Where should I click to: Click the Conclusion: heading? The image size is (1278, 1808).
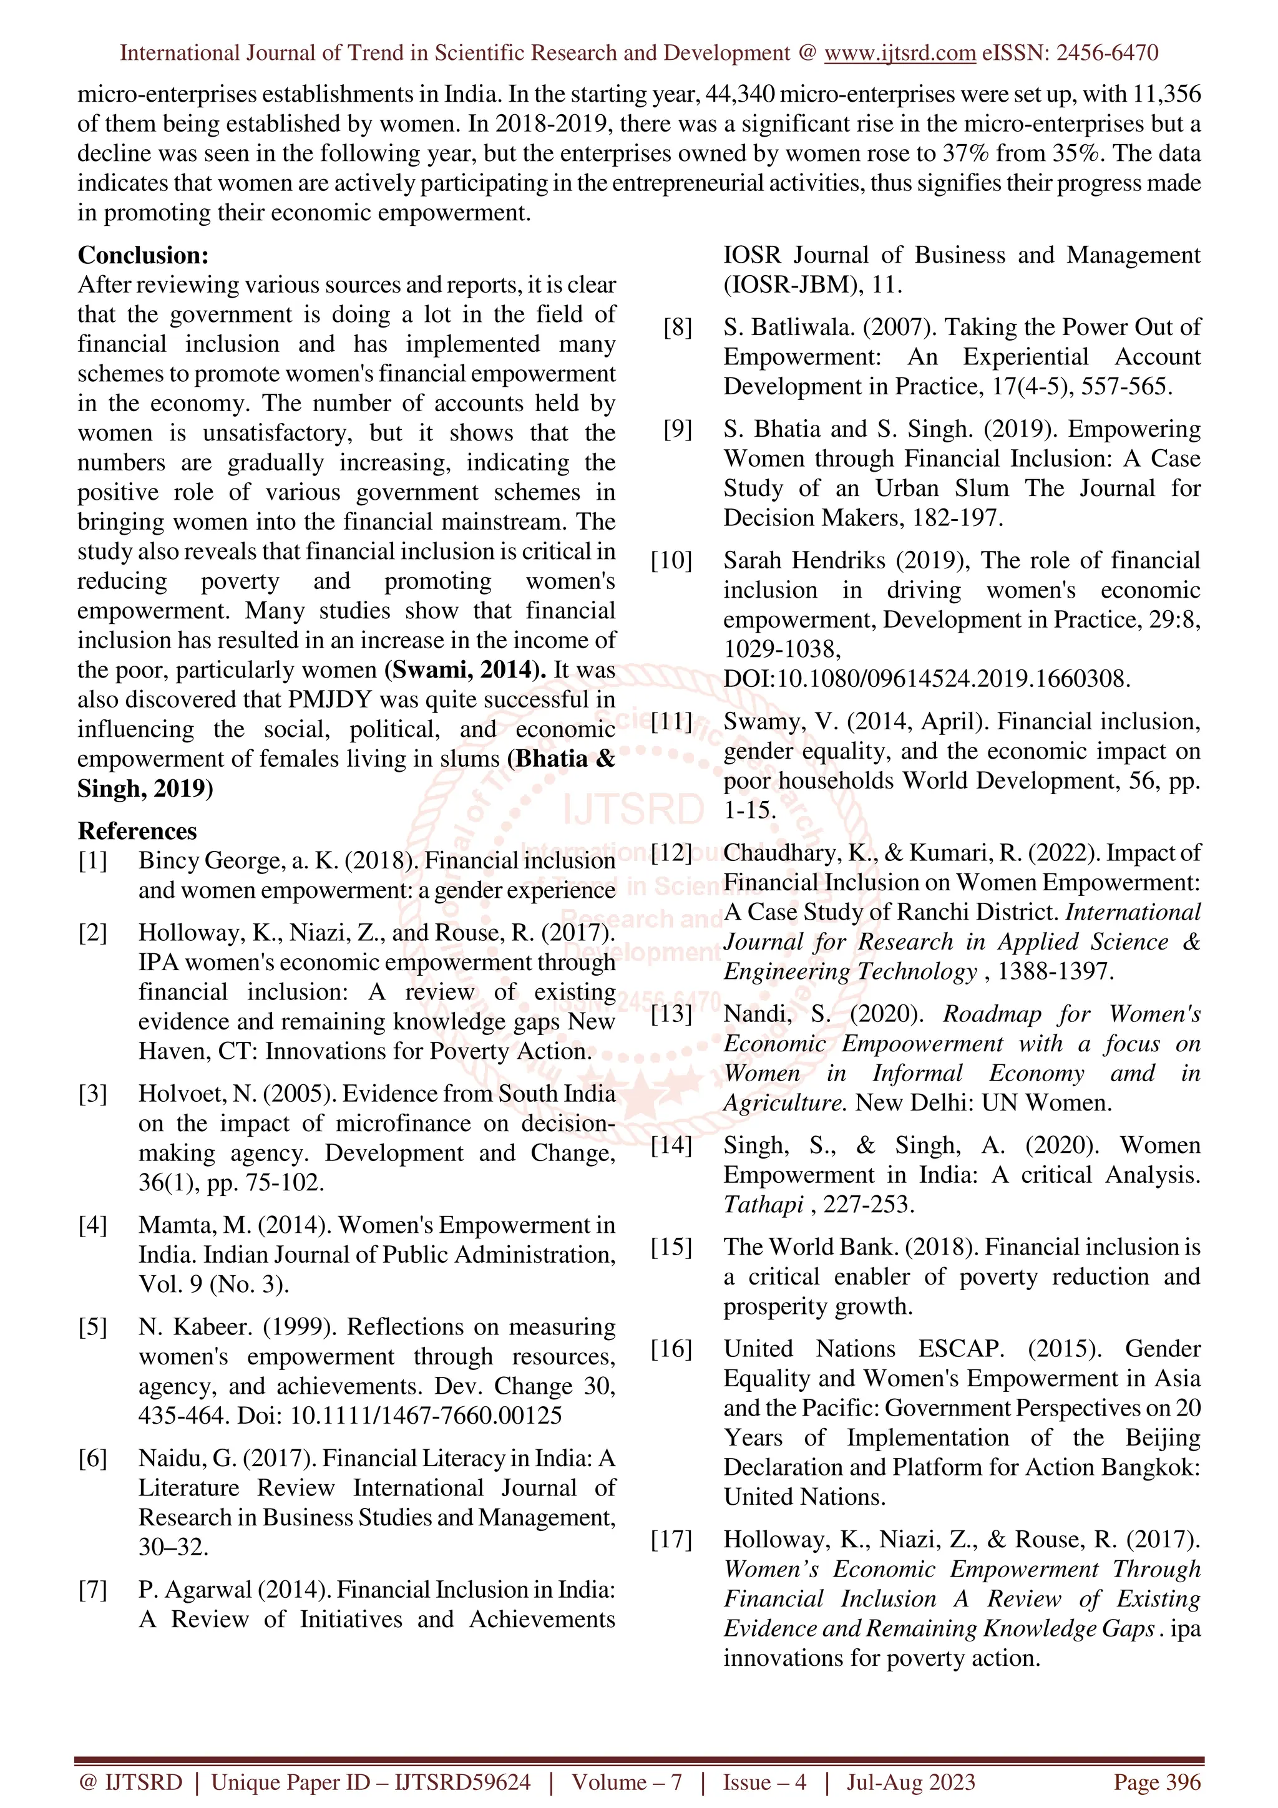pos(142,255)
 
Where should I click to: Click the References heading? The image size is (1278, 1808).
pos(137,831)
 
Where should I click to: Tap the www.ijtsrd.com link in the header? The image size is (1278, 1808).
pos(899,53)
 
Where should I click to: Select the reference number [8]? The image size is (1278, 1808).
pos(677,327)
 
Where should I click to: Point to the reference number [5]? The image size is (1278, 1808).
pos(92,1327)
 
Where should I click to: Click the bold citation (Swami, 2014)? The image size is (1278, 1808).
pos(464,670)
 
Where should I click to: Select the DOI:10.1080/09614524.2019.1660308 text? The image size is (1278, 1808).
pos(926,679)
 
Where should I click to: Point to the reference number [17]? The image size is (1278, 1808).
pos(671,1540)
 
